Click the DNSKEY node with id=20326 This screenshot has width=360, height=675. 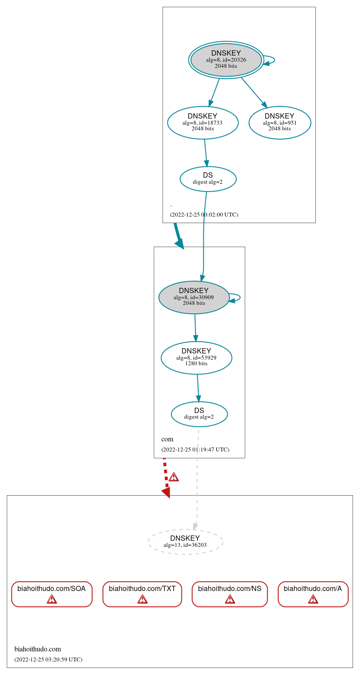pyautogui.click(x=226, y=60)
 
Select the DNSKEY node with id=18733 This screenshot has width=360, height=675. pyautogui.click(x=203, y=123)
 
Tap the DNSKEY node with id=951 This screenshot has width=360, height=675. pyautogui.click(x=280, y=123)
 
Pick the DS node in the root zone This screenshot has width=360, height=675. pyautogui.click(x=208, y=179)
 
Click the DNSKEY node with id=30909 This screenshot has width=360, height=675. pyautogui.click(x=194, y=297)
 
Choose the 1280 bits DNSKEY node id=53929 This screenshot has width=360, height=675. pyautogui.click(x=196, y=358)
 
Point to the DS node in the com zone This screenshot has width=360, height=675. pyautogui.click(x=199, y=414)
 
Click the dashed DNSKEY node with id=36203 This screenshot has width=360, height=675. pyautogui.click(x=185, y=542)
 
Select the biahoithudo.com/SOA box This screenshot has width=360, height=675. pyautogui.click(x=52, y=594)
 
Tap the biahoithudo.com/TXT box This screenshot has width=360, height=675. pyautogui.click(x=142, y=594)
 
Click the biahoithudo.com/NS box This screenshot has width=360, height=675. pyautogui.click(x=230, y=594)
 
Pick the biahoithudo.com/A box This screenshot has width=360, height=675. pyautogui.click(x=313, y=594)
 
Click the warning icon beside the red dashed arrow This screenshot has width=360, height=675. pyautogui.click(x=174, y=477)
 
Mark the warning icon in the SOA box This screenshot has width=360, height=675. pyautogui.click(x=52, y=599)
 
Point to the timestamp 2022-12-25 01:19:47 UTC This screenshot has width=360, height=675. pyautogui.click(x=195, y=449)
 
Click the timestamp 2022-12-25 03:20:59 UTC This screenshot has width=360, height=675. pyautogui.click(x=48, y=659)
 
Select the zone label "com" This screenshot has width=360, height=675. pyautogui.click(x=167, y=439)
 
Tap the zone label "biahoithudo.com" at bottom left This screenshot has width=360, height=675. pyautogui.click(x=38, y=649)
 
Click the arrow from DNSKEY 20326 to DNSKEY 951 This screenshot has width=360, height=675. pyautogui.click(x=254, y=92)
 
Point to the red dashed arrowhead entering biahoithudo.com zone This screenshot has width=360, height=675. pyautogui.click(x=166, y=493)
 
